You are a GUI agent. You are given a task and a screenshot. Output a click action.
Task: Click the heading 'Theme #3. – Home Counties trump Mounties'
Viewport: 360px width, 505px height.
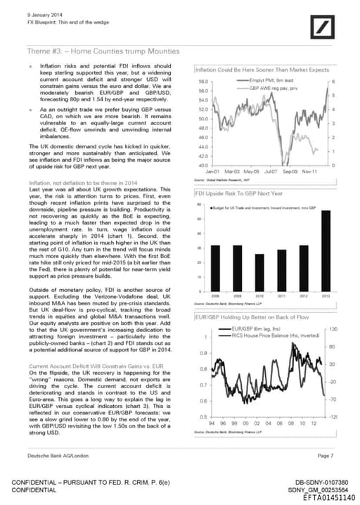click(103, 51)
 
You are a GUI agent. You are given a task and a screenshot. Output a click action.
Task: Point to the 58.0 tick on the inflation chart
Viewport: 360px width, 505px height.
click(201, 82)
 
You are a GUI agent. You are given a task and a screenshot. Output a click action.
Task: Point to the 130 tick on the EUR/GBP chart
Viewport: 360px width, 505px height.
click(333, 329)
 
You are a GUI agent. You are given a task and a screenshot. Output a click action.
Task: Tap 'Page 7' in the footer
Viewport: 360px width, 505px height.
click(324, 456)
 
